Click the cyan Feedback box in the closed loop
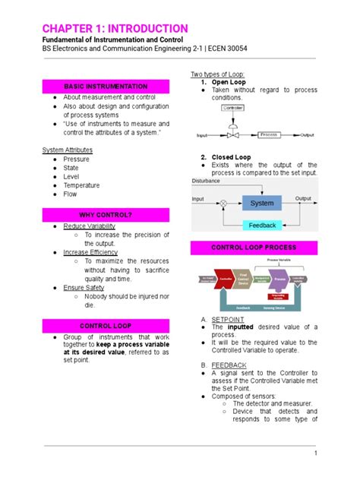click(x=262, y=226)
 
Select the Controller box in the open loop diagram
click(x=232, y=109)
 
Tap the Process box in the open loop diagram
click(x=268, y=134)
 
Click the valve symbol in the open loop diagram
click(x=232, y=134)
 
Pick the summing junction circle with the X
click(x=223, y=203)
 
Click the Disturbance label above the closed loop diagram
click(x=207, y=182)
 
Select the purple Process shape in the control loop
click(x=281, y=280)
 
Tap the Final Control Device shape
click(x=244, y=279)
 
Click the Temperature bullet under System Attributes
click(x=81, y=185)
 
